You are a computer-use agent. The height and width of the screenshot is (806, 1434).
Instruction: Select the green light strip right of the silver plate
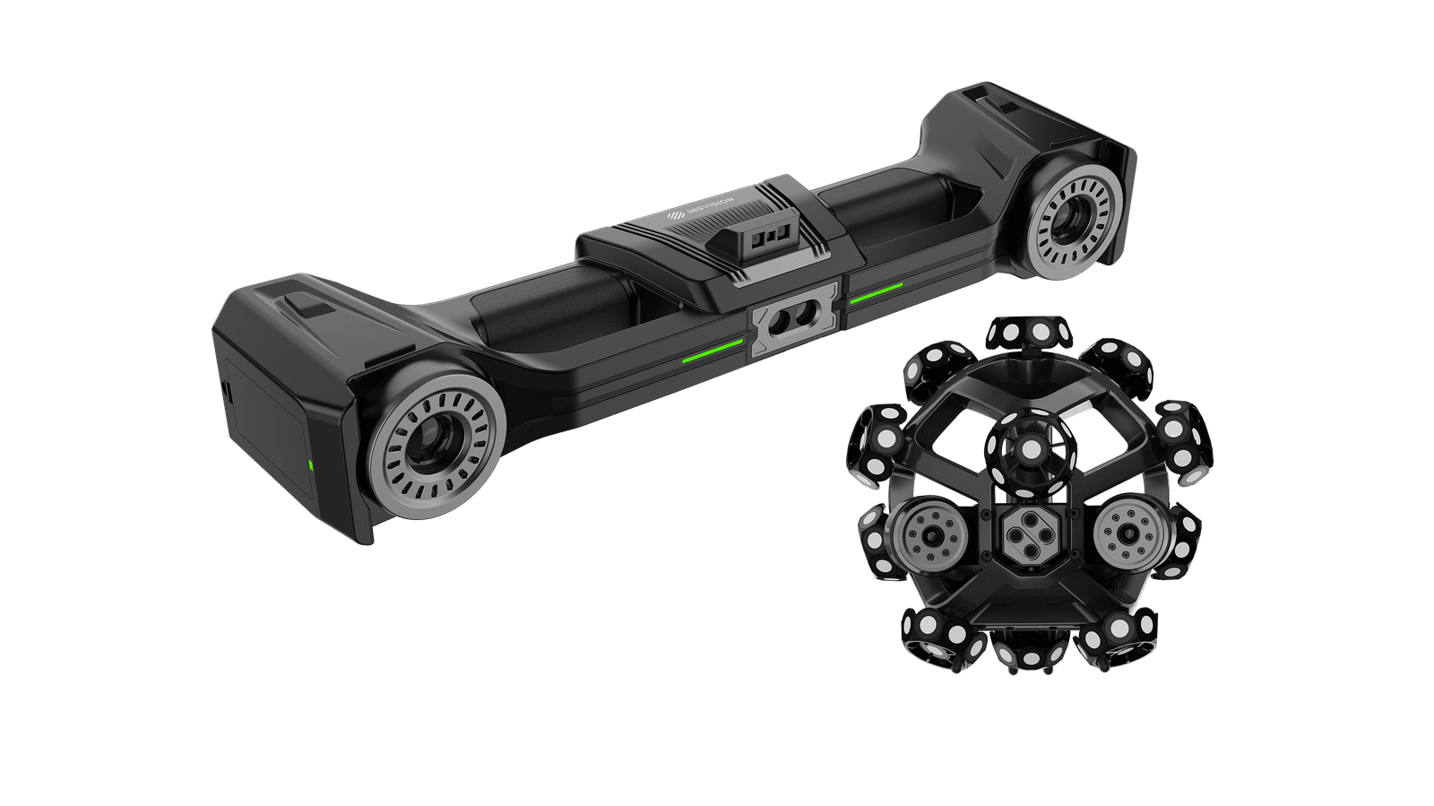(876, 293)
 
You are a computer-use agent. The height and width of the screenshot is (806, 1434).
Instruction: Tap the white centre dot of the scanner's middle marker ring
(1031, 447)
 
